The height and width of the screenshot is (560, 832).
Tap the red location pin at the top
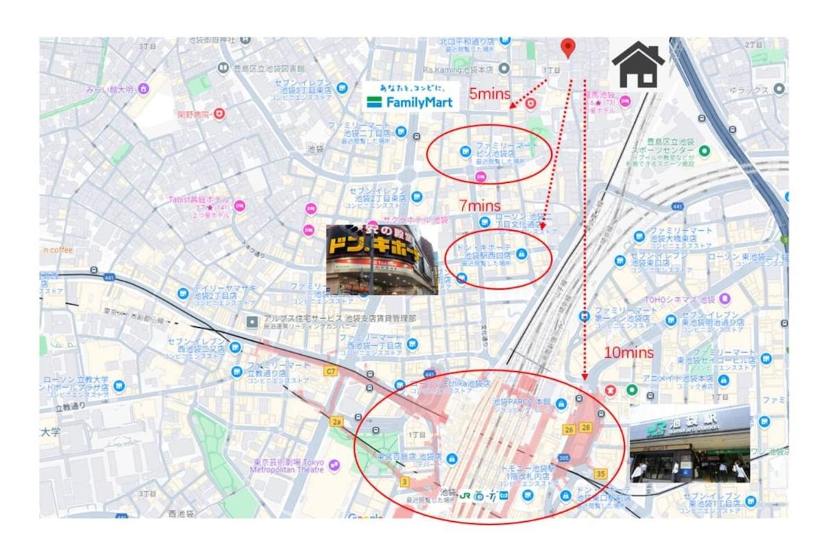pos(568,48)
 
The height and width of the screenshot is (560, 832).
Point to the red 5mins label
pos(489,94)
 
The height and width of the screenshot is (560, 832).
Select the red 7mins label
pos(479,206)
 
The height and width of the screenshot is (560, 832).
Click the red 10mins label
pos(628,352)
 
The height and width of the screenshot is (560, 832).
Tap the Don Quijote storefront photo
pos(382,259)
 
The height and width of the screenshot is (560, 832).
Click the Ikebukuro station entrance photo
pos(689,444)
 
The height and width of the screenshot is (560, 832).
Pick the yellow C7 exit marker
pos(330,371)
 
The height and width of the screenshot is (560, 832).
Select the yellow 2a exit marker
pos(337,421)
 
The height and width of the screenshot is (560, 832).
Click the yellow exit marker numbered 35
pos(600,474)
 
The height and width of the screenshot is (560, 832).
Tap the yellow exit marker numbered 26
pos(569,430)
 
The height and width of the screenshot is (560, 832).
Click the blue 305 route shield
pos(562,458)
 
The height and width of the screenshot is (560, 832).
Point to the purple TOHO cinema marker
pos(725,299)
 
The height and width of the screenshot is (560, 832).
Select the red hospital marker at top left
pos(219,112)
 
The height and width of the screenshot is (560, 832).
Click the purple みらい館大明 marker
pos(144,89)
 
